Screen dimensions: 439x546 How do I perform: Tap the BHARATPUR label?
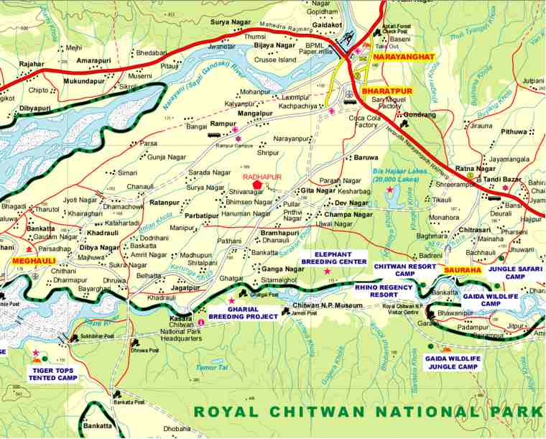(387, 93)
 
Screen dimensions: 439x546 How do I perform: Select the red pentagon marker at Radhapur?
(257, 185)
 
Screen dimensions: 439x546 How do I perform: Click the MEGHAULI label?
(34, 261)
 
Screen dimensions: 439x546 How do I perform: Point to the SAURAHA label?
(460, 269)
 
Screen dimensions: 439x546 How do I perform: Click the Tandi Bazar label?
(496, 180)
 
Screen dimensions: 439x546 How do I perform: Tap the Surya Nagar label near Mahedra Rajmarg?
(231, 22)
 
